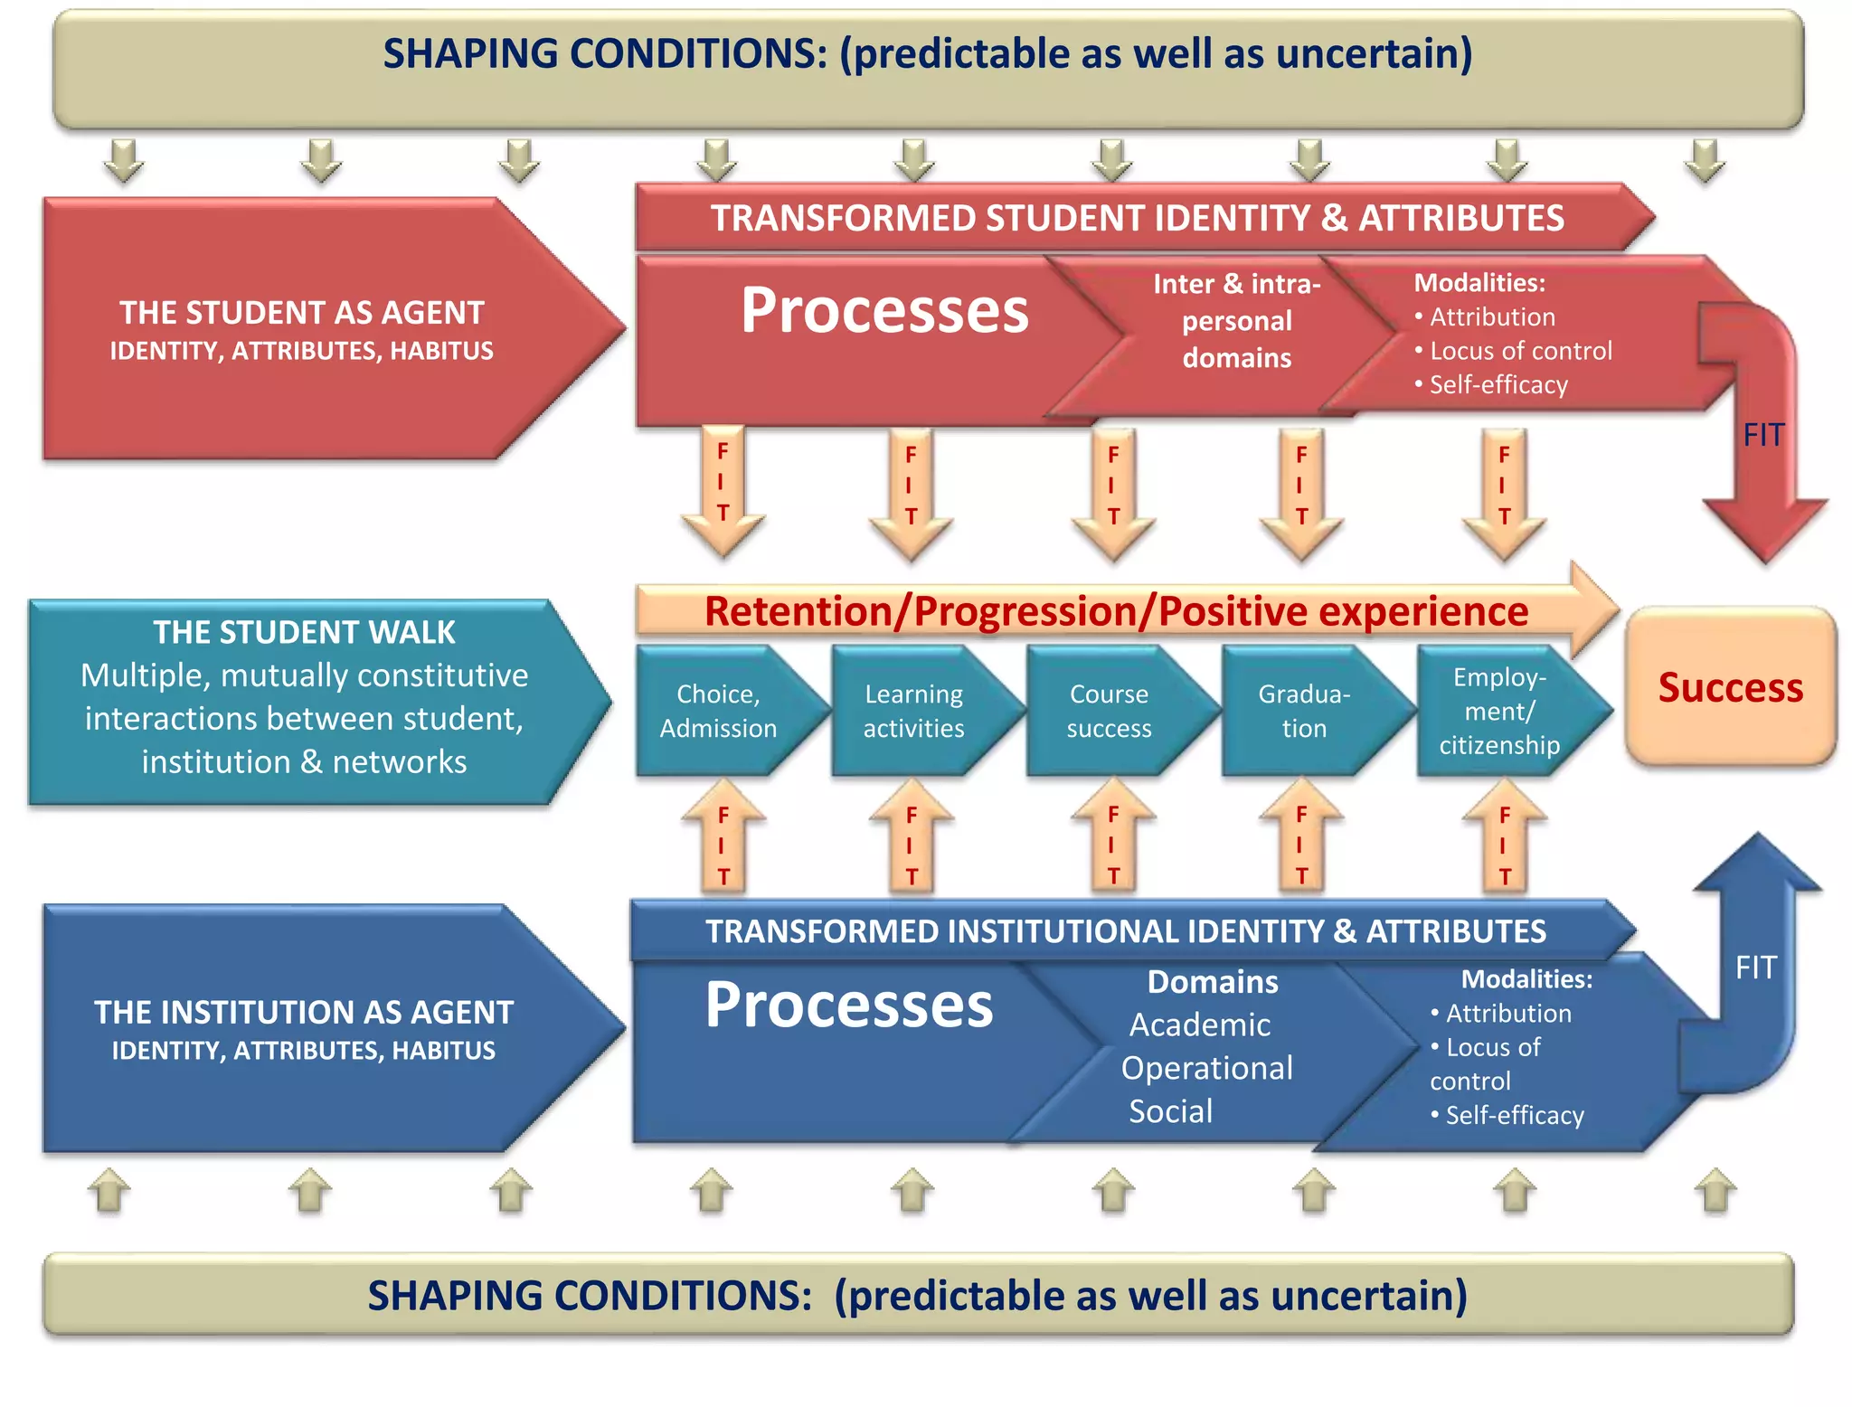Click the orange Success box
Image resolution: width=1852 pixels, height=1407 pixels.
click(x=1730, y=687)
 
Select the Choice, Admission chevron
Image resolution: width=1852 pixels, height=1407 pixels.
click(x=719, y=711)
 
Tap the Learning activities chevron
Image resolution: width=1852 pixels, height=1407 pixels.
click(x=913, y=711)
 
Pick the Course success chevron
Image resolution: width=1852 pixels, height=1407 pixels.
click(x=1109, y=711)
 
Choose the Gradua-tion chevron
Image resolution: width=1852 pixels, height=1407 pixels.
click(x=1304, y=711)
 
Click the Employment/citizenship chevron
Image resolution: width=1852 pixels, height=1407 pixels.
click(x=1499, y=711)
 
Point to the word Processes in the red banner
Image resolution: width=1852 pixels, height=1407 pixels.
click(x=884, y=311)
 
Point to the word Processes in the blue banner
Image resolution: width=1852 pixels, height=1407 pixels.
click(x=848, y=1006)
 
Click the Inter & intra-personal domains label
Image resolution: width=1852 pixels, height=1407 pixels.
click(x=1237, y=321)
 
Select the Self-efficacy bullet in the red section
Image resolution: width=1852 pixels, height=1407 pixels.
click(x=1498, y=385)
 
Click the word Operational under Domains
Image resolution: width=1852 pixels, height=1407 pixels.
click(x=1206, y=1069)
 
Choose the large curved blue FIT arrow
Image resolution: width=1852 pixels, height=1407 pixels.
click(x=1754, y=968)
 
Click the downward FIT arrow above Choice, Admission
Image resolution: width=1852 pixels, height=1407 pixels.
click(x=723, y=488)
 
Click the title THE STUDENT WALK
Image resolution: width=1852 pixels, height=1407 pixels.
click(x=304, y=632)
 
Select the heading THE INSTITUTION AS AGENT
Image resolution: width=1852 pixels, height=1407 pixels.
click(x=304, y=1012)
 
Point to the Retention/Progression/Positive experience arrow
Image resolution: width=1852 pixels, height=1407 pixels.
click(x=1116, y=611)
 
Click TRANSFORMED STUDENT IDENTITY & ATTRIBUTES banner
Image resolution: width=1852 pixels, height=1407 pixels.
click(x=1137, y=218)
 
